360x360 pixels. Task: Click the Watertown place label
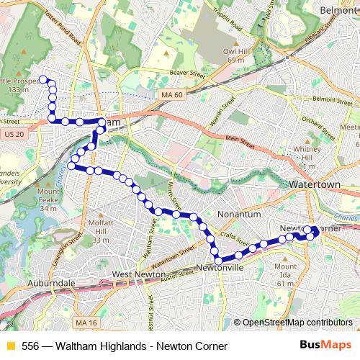pos(314,185)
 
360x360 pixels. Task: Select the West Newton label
pos(139,275)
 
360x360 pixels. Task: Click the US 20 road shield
pos(14,135)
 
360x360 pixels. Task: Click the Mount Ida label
pos(285,274)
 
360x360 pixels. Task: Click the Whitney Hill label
pos(307,157)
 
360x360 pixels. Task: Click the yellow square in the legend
pos(10,346)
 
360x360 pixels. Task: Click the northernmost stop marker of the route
pos(43,79)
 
